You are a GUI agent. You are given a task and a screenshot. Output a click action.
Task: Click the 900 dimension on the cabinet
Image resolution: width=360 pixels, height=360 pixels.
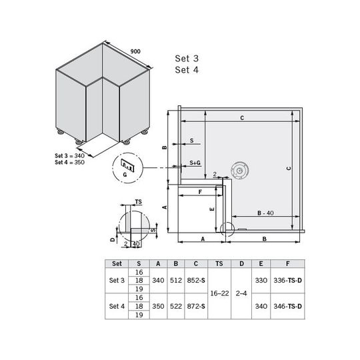(135, 51)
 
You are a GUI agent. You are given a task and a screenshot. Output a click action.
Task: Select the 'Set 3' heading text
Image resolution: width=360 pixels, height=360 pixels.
(187, 59)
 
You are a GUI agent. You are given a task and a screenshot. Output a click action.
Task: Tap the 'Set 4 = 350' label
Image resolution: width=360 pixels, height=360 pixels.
(69, 162)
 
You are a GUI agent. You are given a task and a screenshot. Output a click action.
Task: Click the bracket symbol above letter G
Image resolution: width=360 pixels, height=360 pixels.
(127, 165)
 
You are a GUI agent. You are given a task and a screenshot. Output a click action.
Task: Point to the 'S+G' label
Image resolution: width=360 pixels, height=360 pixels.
(195, 163)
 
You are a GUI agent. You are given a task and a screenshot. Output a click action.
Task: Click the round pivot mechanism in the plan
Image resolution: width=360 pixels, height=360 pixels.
(240, 171)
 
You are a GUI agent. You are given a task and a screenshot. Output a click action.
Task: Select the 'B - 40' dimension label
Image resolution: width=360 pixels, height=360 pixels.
(265, 213)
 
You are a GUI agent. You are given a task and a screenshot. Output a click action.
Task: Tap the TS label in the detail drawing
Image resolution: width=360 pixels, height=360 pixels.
(139, 202)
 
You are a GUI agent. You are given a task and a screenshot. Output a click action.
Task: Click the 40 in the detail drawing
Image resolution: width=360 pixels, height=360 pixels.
(136, 244)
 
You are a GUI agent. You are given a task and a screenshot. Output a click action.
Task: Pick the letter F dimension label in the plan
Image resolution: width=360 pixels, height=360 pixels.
(200, 192)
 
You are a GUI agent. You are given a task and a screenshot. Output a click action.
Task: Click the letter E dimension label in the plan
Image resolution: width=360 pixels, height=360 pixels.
(212, 209)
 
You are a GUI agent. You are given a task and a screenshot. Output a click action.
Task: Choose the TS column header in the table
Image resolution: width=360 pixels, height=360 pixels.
(219, 263)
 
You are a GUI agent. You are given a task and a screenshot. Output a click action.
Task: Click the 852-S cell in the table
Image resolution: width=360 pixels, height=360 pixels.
(196, 280)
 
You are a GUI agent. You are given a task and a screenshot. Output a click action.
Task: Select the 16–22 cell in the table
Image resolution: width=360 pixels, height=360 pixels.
(219, 293)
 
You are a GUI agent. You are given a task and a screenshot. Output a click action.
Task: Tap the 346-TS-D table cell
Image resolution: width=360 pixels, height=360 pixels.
(287, 306)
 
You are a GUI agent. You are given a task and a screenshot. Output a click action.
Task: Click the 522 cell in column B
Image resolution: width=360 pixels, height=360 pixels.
(176, 306)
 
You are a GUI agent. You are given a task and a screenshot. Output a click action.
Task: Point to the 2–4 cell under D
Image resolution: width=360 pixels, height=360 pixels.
(241, 293)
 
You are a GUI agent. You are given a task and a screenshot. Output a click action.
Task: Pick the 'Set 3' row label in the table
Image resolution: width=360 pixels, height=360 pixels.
(117, 280)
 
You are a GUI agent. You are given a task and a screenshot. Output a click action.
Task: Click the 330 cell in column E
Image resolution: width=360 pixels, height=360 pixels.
(261, 280)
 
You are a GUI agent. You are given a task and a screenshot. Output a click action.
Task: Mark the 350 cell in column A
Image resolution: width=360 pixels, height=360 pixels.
(158, 306)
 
